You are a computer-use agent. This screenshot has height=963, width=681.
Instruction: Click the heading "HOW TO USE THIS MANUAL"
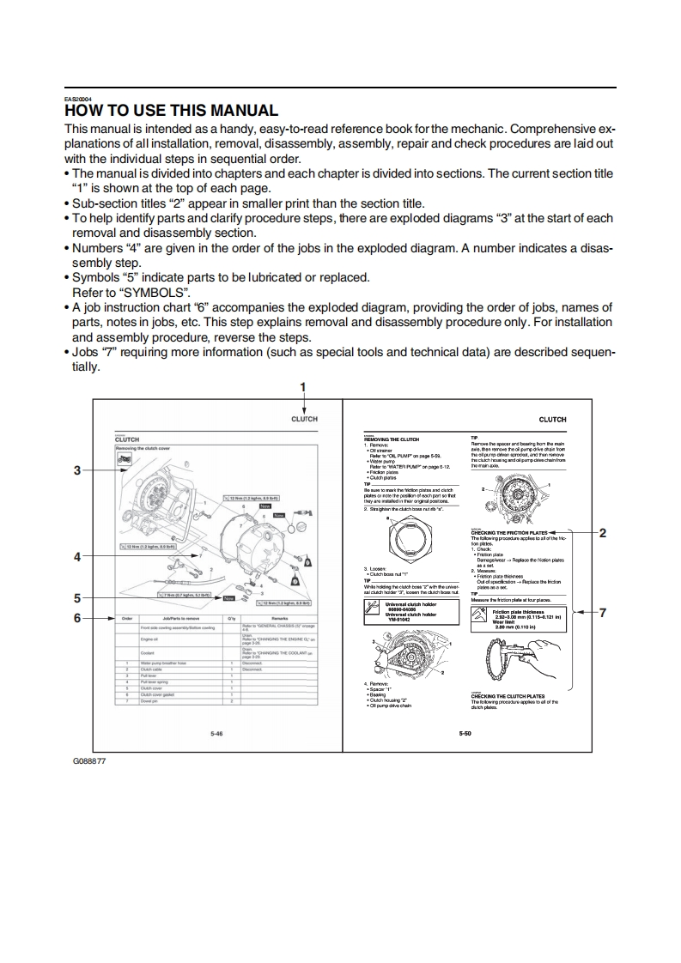(x=172, y=111)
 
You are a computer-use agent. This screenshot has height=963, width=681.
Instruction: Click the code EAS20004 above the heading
(x=76, y=98)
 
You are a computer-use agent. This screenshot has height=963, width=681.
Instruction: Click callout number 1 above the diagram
(x=303, y=387)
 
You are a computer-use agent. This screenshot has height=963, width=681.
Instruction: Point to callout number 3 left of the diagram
(x=77, y=469)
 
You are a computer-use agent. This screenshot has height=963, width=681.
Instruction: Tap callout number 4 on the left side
(x=77, y=556)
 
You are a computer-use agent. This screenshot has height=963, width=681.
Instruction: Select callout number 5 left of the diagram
(x=77, y=598)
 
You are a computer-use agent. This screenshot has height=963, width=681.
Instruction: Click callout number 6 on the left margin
(x=77, y=617)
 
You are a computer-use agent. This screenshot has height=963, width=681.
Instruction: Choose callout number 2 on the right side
(x=603, y=533)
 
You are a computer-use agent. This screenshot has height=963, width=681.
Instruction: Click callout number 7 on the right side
(x=603, y=612)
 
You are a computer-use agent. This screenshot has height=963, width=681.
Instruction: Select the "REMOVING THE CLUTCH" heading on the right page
(x=392, y=439)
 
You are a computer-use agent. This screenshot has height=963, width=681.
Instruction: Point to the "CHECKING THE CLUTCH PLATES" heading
(x=507, y=696)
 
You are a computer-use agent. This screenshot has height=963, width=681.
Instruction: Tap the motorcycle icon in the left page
(x=124, y=462)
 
